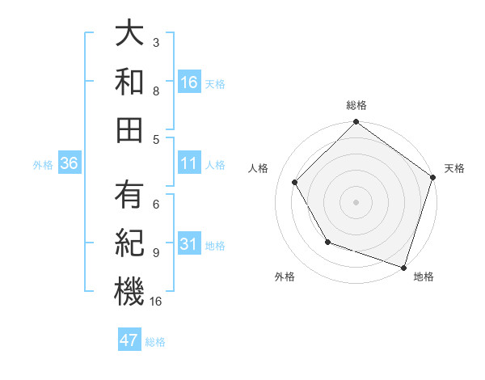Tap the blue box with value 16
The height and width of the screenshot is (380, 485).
pos(189,82)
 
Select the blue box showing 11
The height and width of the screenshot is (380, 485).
pos(189,163)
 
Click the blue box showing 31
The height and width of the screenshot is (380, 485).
pos(189,243)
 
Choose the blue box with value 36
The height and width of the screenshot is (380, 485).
pos(70,163)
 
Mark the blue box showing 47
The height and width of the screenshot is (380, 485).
pos(129,340)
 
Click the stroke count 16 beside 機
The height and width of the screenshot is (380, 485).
pos(156,301)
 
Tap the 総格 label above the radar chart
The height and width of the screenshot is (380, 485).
pos(356,106)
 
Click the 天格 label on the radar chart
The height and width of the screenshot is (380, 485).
pos(454,168)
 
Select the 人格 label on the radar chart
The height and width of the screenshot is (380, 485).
pos(258,168)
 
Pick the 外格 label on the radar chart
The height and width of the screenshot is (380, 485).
pos(285,277)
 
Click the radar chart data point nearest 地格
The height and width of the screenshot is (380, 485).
pos(404,267)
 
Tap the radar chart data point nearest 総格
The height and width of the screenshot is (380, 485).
pos(356,124)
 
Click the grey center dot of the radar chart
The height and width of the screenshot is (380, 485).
pos(356,201)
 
